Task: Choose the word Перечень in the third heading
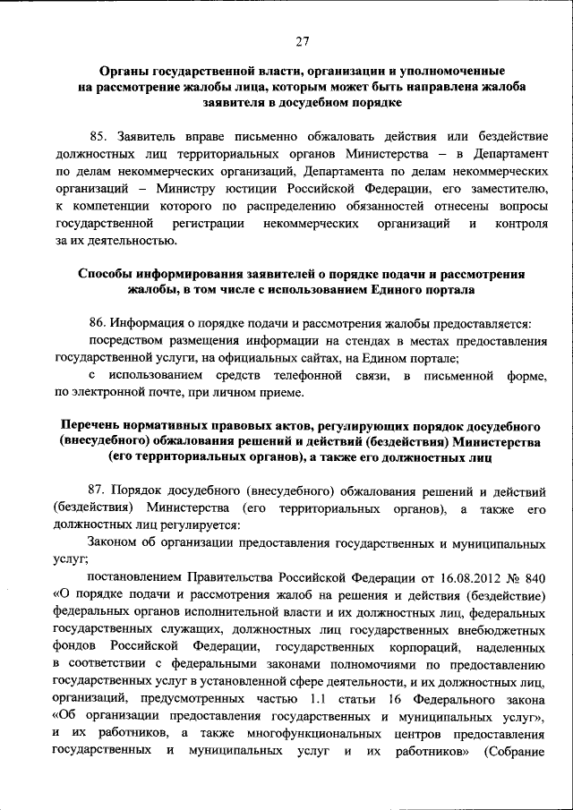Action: (x=93, y=425)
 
